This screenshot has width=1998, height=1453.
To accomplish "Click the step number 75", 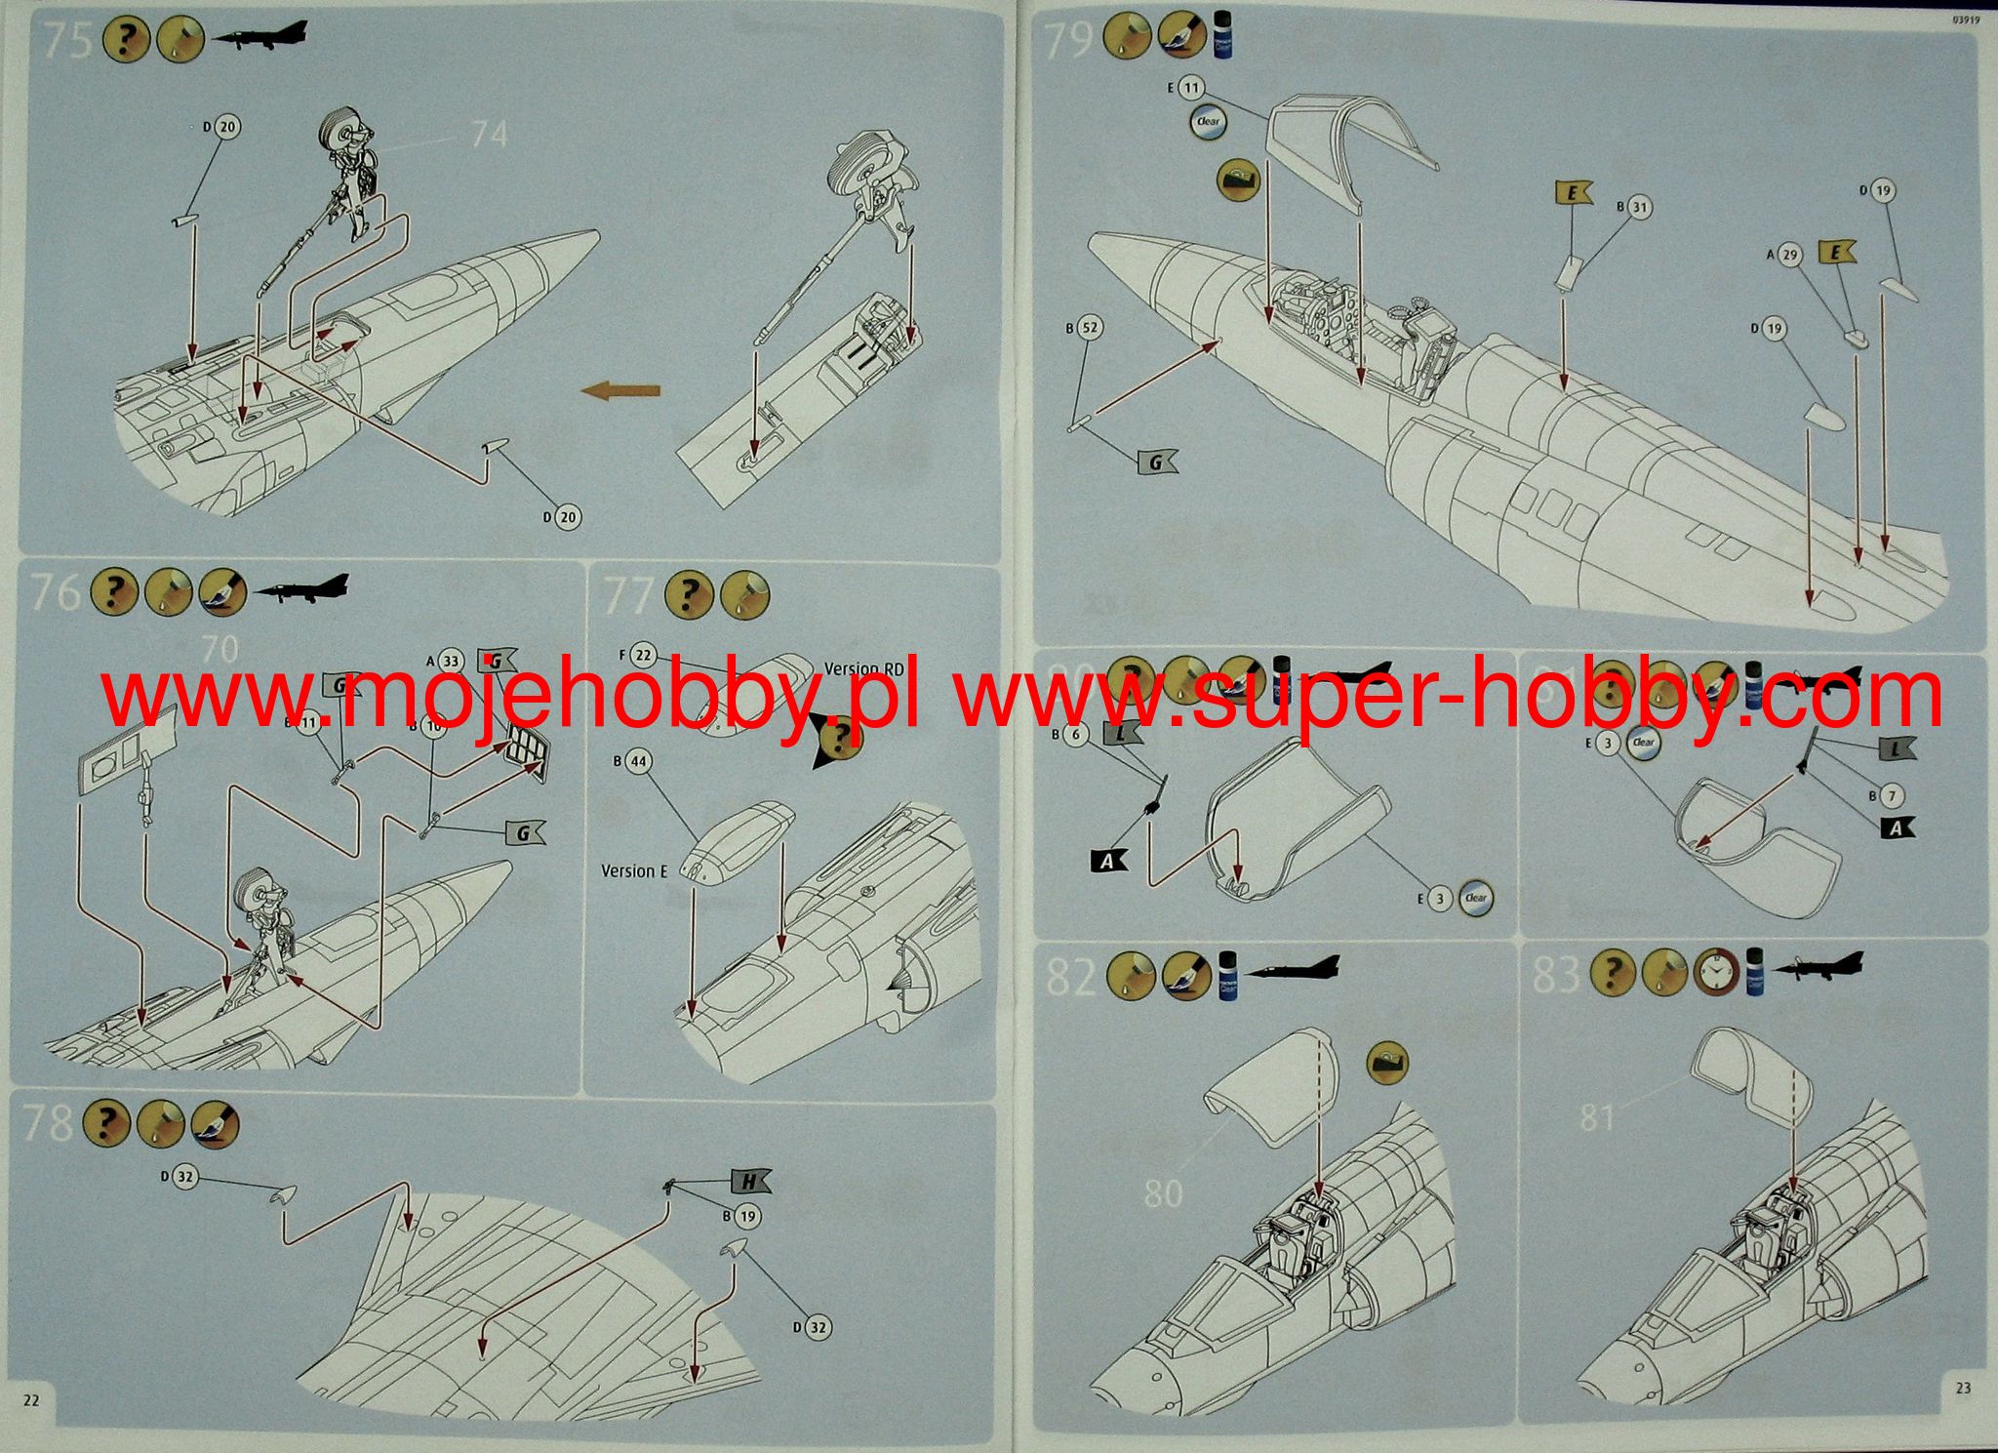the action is pos(67,42).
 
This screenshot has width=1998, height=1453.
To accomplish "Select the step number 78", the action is pos(46,1123).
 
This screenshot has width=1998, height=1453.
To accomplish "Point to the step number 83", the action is pos(1556,975).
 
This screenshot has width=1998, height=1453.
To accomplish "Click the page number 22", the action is pos(31,1400).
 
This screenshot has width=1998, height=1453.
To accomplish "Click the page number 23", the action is pos(1963,1388).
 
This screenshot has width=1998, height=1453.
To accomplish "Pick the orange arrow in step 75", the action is pos(620,391).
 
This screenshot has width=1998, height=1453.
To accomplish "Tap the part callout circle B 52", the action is pos(1090,328).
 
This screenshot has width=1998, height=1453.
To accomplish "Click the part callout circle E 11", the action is pos(1191,88).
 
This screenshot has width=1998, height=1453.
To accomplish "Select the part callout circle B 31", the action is pos(1640,207).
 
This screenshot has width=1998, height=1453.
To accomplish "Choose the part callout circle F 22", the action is pos(643,656).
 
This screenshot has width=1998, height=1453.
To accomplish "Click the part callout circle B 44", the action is pos(638,761).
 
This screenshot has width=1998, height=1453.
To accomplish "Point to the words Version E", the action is pos(634,871).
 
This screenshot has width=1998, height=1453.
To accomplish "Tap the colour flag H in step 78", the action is pos(749,1183).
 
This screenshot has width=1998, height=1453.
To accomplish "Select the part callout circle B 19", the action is pos(747,1217).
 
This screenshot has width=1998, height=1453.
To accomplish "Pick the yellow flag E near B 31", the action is pos(1572,193).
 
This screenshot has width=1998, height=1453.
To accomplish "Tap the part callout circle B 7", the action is pos(1892,796).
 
